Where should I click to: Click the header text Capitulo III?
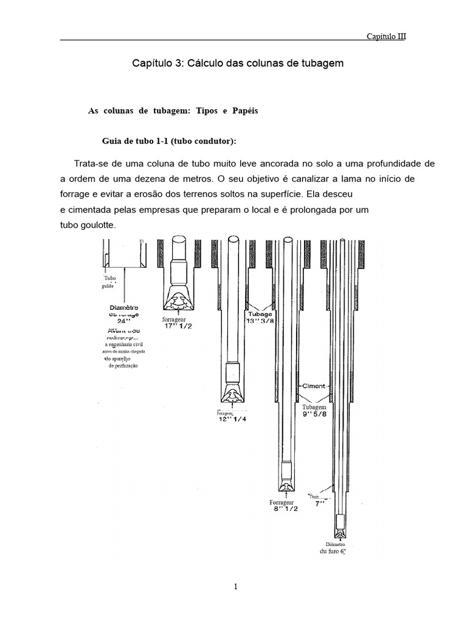click(x=386, y=36)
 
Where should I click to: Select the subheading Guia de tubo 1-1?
click(x=167, y=141)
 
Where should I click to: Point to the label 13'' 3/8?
click(x=261, y=321)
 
